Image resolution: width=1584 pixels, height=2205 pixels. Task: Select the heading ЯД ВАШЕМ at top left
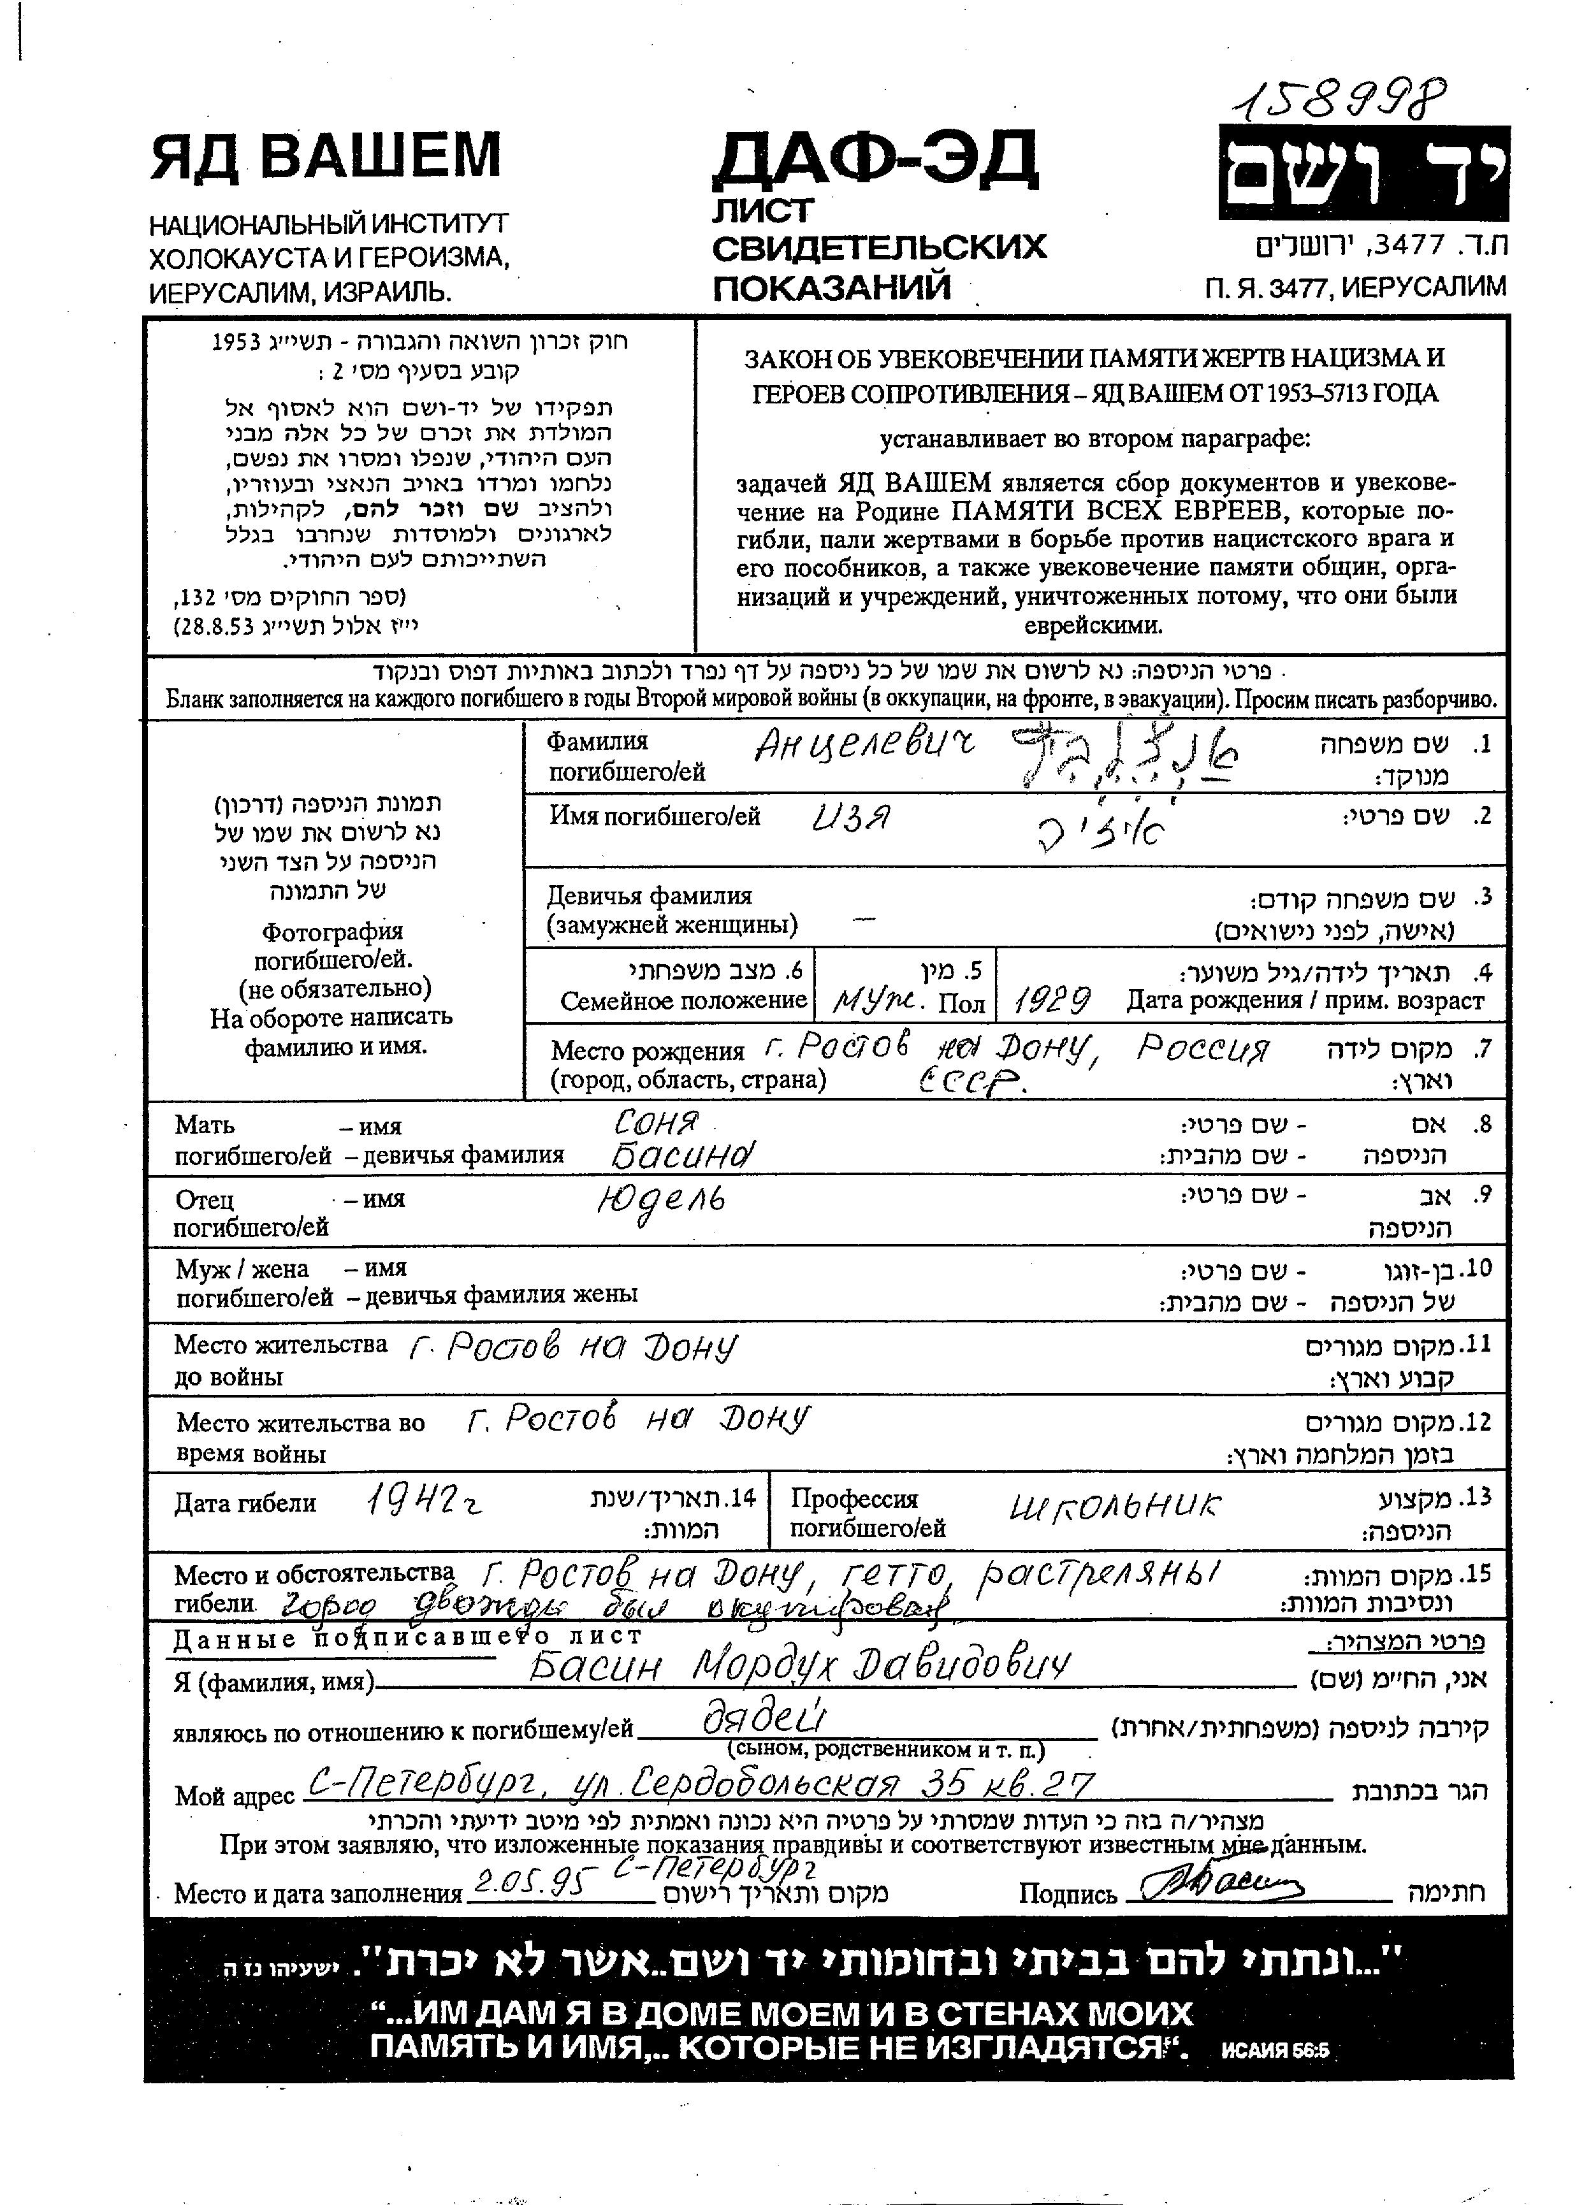325,155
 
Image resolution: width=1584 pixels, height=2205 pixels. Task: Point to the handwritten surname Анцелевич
864,746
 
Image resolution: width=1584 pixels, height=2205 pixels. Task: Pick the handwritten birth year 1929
1052,999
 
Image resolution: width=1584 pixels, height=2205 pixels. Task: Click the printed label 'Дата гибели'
245,1504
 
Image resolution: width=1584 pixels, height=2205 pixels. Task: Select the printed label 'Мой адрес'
235,1797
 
